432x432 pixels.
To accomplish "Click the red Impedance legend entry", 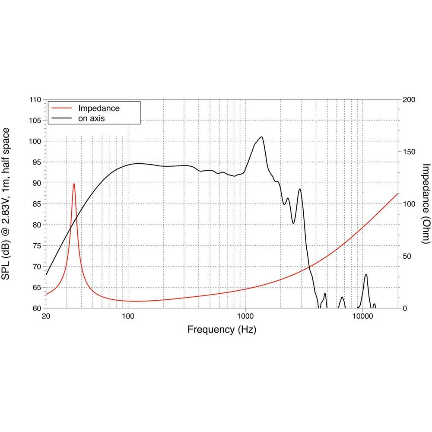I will pos(98,108).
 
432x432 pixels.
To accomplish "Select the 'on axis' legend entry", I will pos(91,118).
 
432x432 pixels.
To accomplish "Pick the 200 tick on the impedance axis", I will pos(409,100).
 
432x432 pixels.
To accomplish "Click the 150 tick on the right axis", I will pos(409,152).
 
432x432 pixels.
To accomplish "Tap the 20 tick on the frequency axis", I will pos(46,316).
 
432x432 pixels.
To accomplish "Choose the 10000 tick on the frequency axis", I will pos(362,316).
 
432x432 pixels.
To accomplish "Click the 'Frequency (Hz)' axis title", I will pos(222,330).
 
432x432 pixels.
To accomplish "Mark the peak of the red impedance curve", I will pos(74,184).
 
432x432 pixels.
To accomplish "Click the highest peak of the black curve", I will pos(261,137).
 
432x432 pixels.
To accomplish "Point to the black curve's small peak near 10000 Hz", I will pos(366,275).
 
